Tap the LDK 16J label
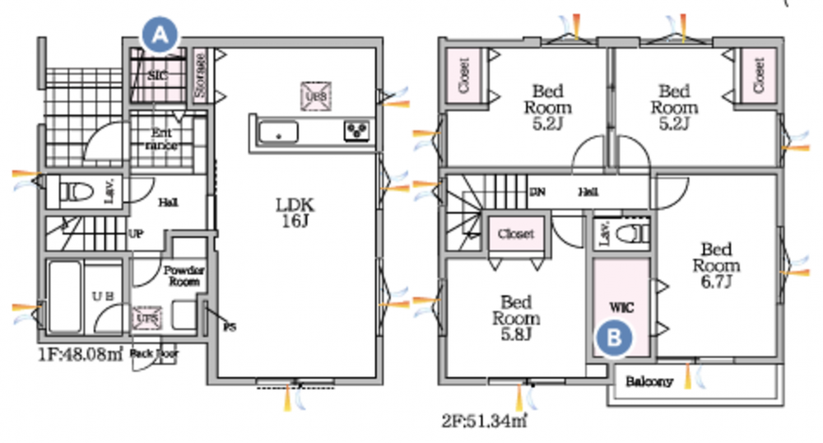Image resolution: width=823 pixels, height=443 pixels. (296, 211)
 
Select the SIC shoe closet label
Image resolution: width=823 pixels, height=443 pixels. (158, 75)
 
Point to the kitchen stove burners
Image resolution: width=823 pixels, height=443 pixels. (358, 130)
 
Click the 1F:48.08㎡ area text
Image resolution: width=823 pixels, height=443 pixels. (80, 355)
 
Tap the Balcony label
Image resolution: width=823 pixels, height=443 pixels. (649, 382)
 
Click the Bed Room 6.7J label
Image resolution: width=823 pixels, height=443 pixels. (716, 265)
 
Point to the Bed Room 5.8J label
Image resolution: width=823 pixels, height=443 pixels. (517, 318)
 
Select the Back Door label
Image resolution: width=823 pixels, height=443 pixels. (155, 354)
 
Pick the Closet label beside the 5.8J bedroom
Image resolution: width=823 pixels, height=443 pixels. (516, 234)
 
